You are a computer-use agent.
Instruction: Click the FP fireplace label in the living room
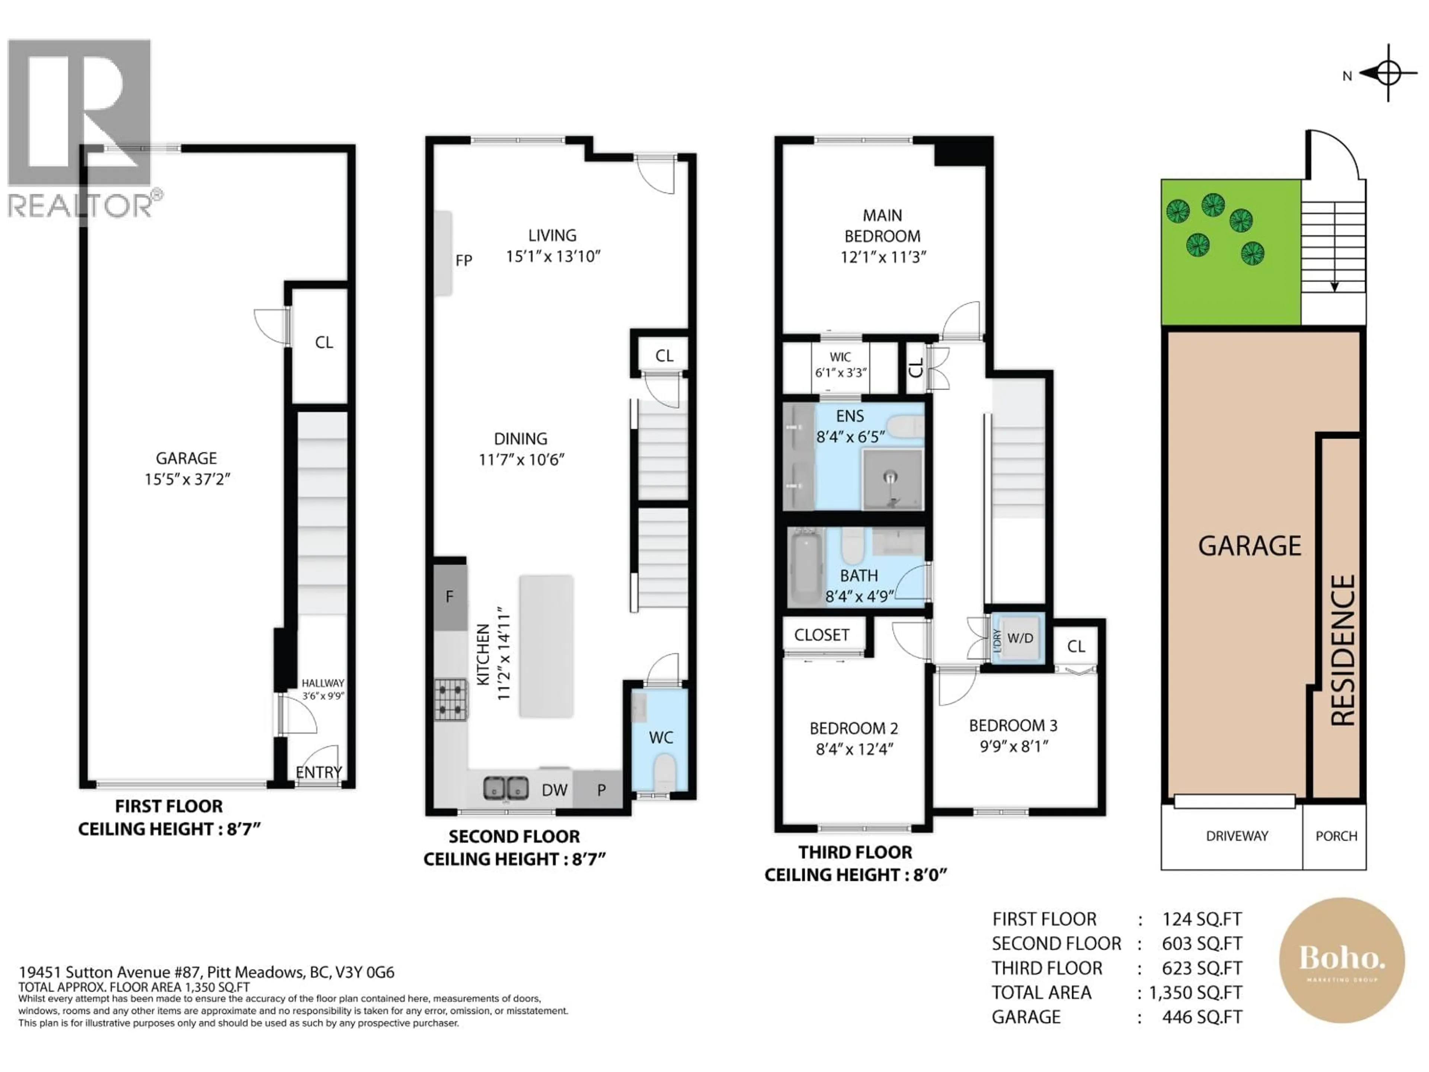(463, 261)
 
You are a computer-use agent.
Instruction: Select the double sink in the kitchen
(505, 788)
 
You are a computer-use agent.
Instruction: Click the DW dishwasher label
(554, 789)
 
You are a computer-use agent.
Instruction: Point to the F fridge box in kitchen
(450, 596)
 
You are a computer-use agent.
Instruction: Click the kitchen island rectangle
(546, 646)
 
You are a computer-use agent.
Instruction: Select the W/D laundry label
(1020, 638)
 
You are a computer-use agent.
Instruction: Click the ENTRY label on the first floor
(319, 772)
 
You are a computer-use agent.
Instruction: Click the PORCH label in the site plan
(1336, 836)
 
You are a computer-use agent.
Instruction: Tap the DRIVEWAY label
(1237, 836)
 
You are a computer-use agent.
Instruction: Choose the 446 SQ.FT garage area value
(1202, 1017)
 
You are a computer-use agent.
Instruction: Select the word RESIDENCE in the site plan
(1342, 650)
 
